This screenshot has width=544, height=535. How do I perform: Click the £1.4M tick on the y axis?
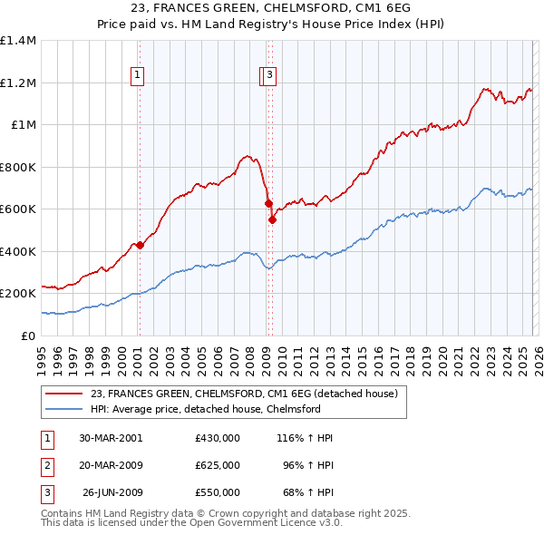point(18,41)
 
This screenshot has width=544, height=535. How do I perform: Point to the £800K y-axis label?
point(18,167)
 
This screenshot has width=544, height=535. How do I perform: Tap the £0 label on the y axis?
point(27,336)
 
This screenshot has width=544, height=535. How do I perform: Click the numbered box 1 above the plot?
point(138,76)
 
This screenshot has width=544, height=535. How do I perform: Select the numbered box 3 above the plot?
point(270,76)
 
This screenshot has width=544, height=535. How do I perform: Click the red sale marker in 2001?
point(140,245)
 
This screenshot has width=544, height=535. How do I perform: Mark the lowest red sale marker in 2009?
point(272,219)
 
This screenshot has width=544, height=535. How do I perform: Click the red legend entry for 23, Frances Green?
point(243,394)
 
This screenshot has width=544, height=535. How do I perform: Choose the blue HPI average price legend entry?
point(205,409)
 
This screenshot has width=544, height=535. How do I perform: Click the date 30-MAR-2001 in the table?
point(111,437)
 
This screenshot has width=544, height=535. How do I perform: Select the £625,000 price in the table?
point(217,465)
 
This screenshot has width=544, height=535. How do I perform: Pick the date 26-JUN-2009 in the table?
point(111,492)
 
